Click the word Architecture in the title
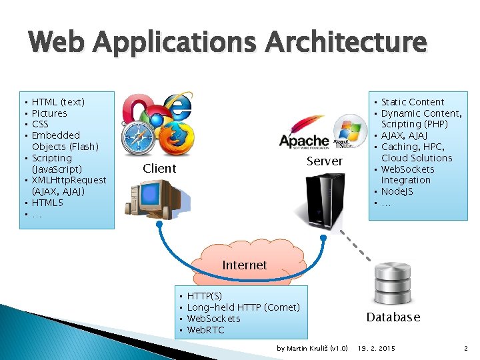(345, 42)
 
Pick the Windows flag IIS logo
(348, 131)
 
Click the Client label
(159, 169)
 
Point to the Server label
(325, 161)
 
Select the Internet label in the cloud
(245, 265)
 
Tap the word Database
(393, 317)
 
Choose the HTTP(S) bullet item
(205, 295)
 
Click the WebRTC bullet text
(206, 330)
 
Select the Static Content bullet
(412, 102)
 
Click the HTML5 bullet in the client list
(47, 203)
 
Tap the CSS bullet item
(40, 124)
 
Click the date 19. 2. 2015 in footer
(377, 348)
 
